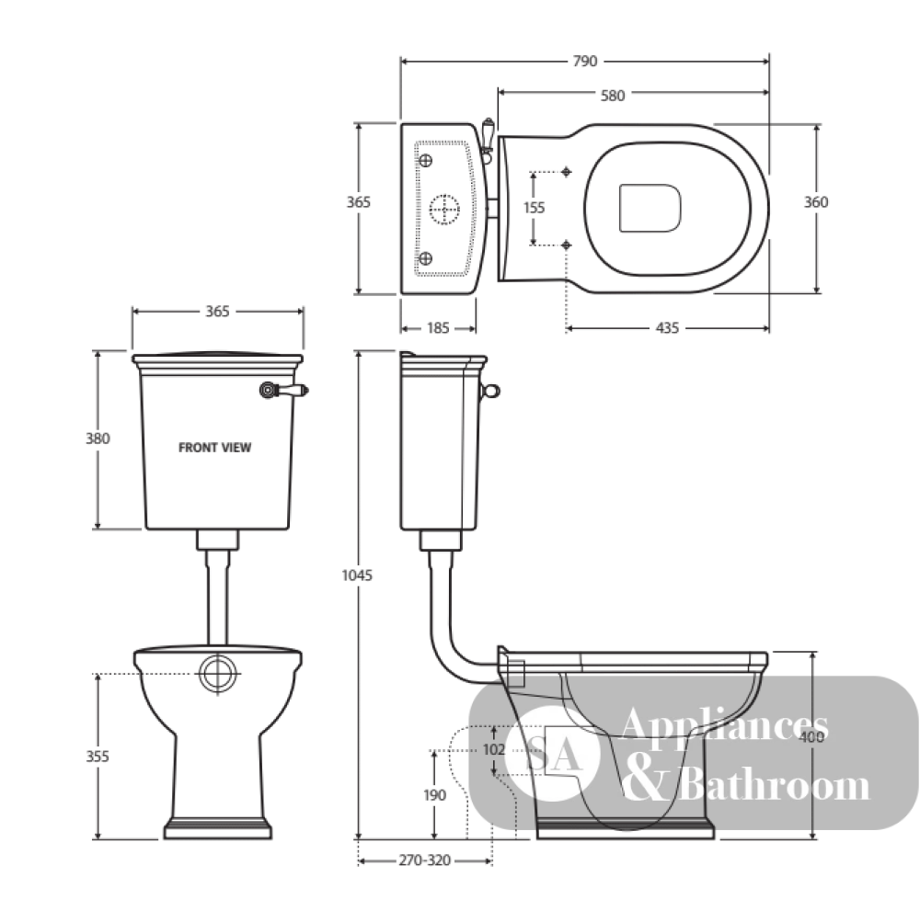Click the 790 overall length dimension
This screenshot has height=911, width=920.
(x=584, y=61)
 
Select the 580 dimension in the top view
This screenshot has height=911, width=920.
(x=613, y=96)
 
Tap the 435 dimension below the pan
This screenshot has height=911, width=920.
(x=667, y=327)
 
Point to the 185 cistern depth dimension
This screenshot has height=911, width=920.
(x=438, y=327)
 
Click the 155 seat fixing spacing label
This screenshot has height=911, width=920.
(x=534, y=208)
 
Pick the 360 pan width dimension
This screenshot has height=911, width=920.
(x=815, y=202)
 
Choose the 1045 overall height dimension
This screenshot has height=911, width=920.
(x=357, y=575)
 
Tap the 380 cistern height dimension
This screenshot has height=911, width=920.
(x=98, y=438)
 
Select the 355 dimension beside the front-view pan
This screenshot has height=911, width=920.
(x=98, y=757)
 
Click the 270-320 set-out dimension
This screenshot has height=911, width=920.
(x=425, y=860)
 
